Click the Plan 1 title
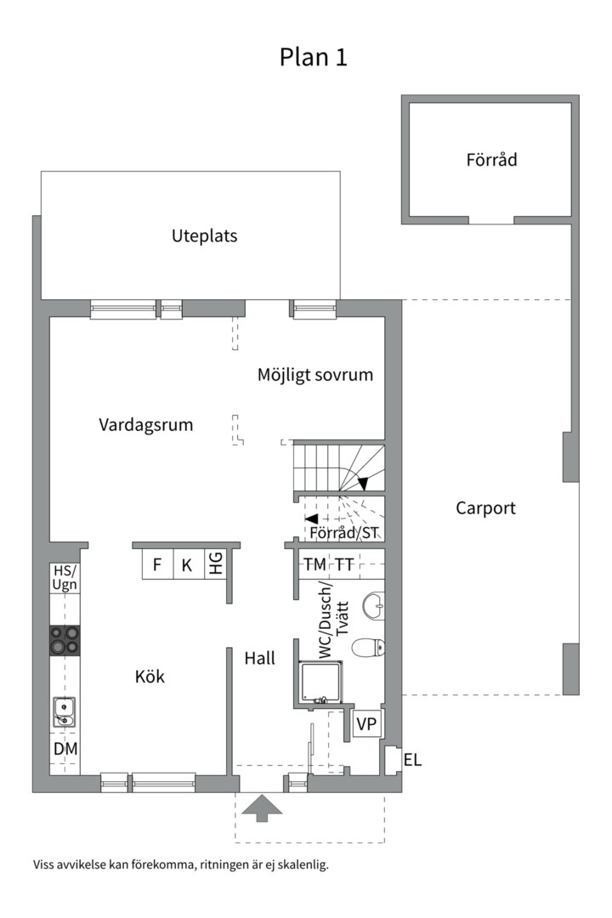(x=314, y=57)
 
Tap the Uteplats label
(x=204, y=236)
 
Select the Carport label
(x=485, y=507)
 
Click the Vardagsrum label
(x=146, y=424)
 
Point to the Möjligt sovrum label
(x=315, y=375)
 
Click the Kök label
(x=150, y=677)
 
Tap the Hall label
(x=259, y=658)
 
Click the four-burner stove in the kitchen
(x=65, y=640)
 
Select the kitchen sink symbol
(x=64, y=712)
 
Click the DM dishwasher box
(x=65, y=749)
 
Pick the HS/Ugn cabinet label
(x=65, y=578)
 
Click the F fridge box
(x=157, y=565)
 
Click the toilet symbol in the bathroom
(x=368, y=648)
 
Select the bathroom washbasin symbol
(x=373, y=606)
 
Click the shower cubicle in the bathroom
(x=321, y=682)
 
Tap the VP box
(x=366, y=723)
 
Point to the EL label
(x=412, y=760)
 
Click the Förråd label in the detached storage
(x=491, y=159)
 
